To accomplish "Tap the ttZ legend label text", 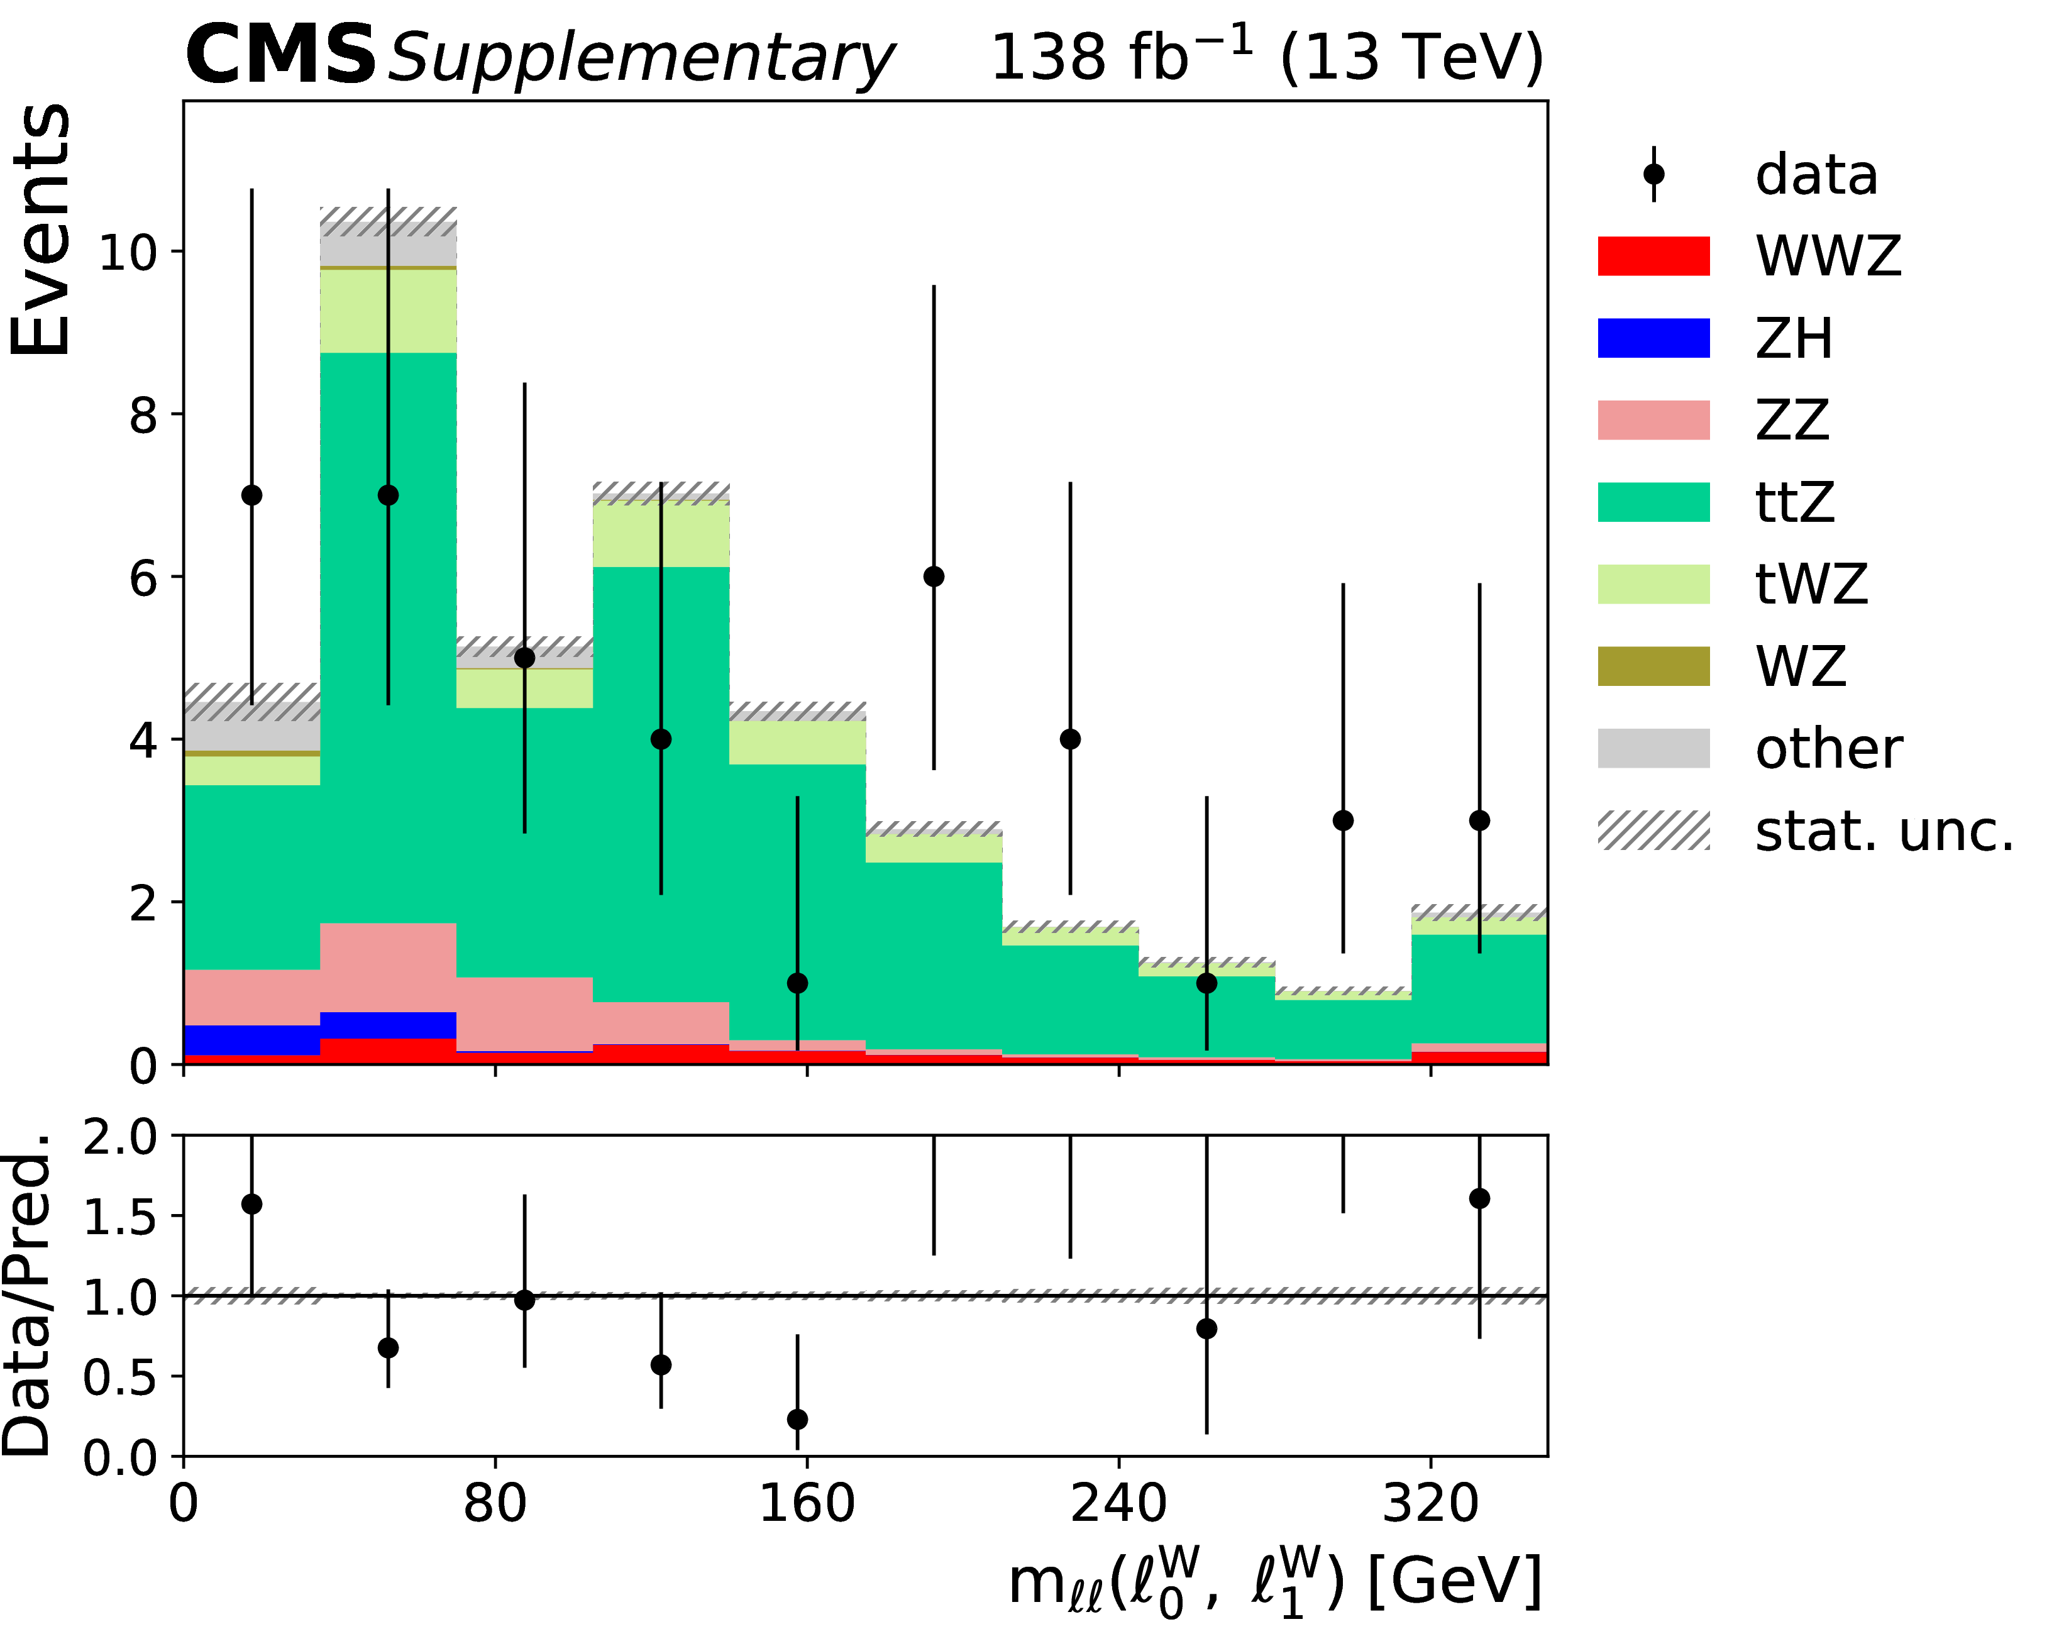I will (x=1795, y=502).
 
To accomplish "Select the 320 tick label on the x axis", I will (x=1430, y=1504).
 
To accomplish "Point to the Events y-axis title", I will (x=40, y=229).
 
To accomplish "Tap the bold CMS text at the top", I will (x=280, y=55).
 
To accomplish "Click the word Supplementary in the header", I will (x=639, y=59).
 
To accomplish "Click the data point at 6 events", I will (x=934, y=576).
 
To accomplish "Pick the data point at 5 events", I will (x=524, y=658).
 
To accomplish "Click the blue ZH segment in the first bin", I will (x=251, y=1041).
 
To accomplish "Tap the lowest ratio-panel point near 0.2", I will (x=797, y=1418).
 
